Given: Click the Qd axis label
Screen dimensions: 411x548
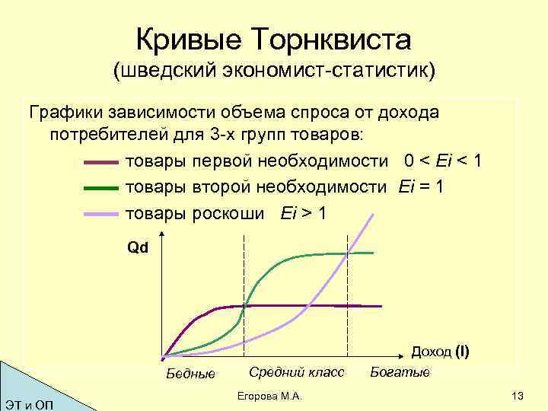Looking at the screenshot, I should click(139, 248).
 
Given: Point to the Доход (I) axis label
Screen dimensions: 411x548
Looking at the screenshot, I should click(440, 352).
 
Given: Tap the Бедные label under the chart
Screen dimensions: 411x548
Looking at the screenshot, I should click(190, 374).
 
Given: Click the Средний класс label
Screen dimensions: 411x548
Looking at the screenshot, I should click(296, 372).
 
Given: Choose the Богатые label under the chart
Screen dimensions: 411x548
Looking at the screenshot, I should click(400, 372).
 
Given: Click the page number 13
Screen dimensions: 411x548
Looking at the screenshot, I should click(519, 396).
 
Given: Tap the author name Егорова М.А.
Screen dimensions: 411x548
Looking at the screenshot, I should click(270, 397).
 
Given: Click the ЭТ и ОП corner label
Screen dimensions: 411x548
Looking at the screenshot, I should click(29, 401).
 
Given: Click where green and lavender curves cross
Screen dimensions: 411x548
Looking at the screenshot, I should click(348, 253).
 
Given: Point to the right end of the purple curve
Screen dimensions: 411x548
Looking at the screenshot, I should click(381, 306).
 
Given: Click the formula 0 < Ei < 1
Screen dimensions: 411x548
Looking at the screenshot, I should click(444, 161).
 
